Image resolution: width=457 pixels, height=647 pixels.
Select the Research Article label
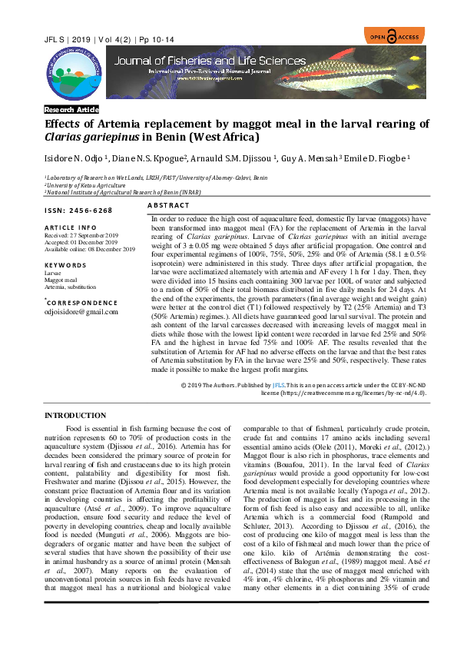(71, 110)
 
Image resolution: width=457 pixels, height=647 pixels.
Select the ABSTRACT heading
(167, 206)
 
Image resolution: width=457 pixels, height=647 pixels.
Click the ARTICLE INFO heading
(71, 227)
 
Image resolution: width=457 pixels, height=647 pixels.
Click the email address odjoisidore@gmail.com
(81, 311)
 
